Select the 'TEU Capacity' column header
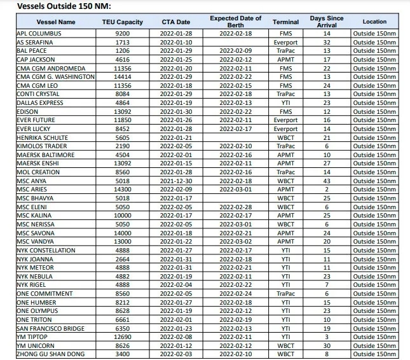(x=123, y=22)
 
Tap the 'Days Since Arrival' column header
(x=327, y=22)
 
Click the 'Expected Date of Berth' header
(x=235, y=22)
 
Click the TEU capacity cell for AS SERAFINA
(x=123, y=42)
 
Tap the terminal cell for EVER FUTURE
(x=285, y=120)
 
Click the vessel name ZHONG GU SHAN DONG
(x=50, y=354)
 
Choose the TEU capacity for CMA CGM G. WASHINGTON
(x=123, y=77)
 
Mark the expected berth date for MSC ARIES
(x=235, y=190)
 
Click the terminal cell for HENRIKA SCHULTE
(x=285, y=137)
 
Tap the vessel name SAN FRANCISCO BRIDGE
(x=51, y=328)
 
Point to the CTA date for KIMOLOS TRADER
(x=175, y=146)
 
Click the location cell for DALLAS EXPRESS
(x=374, y=103)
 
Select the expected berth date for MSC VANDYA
(x=235, y=242)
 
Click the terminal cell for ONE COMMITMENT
(x=285, y=294)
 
